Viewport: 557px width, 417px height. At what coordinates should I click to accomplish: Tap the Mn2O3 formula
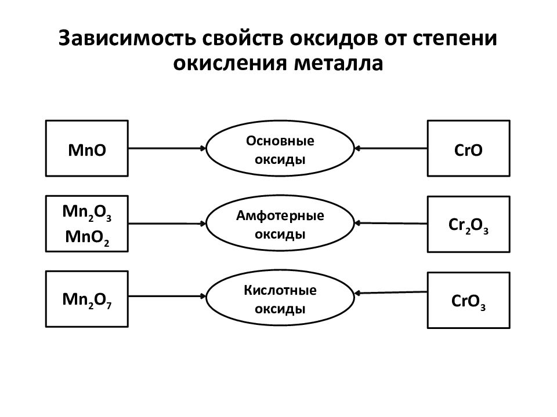(86, 213)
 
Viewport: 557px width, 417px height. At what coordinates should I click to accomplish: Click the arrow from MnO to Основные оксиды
(167, 148)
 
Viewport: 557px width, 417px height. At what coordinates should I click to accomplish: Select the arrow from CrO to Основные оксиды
(390, 148)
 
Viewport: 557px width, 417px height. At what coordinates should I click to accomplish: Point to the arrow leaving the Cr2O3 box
(390, 224)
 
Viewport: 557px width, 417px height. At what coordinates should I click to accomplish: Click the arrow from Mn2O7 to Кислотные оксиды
(167, 296)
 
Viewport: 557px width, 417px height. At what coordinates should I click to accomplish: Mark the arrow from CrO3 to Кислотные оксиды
(390, 292)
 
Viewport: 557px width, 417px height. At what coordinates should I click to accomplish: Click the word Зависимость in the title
(127, 38)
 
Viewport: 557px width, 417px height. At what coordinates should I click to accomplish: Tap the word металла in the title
(339, 64)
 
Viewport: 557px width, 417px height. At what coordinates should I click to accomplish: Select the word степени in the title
(455, 39)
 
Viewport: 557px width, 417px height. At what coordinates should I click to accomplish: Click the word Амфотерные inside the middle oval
(280, 215)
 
